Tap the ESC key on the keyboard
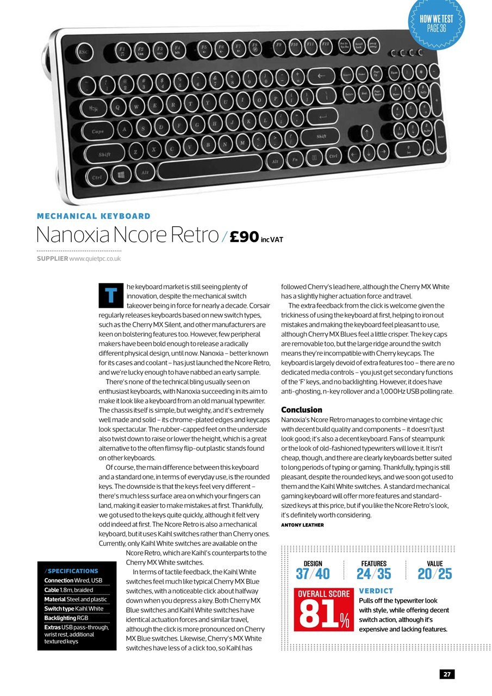tap(83, 52)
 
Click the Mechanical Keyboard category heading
tap(94, 216)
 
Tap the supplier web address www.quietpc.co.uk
tap(96, 259)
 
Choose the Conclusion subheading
tap(302, 409)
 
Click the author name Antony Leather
tap(302, 525)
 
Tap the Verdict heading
tap(376, 591)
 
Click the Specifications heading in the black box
tap(73, 571)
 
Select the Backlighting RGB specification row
tap(66, 618)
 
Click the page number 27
tap(447, 674)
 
